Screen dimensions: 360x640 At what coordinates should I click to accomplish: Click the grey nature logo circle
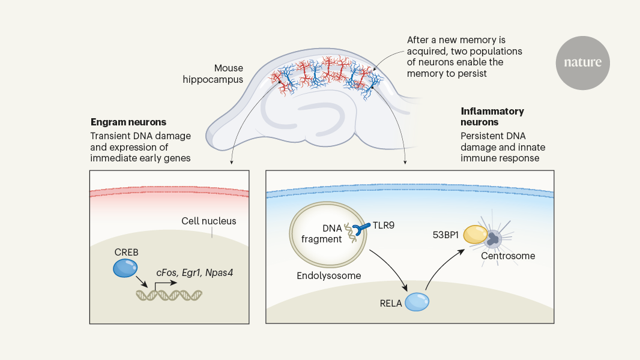pyautogui.click(x=582, y=62)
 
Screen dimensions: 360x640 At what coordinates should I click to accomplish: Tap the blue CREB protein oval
pyautogui.click(x=125, y=268)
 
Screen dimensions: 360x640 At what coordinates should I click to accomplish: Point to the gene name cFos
pyautogui.click(x=166, y=272)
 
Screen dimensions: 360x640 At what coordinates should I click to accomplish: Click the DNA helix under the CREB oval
pyautogui.click(x=169, y=295)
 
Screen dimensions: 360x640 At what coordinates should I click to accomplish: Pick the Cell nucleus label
pyautogui.click(x=209, y=221)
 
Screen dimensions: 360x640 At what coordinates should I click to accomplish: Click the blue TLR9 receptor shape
pyautogui.click(x=362, y=230)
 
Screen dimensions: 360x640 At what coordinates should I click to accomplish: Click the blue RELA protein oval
pyautogui.click(x=417, y=301)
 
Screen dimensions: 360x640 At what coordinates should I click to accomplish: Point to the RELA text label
pyautogui.click(x=391, y=302)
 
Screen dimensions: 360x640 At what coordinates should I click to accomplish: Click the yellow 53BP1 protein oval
pyautogui.click(x=475, y=235)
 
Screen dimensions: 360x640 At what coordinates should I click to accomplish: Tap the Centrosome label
pyautogui.click(x=508, y=256)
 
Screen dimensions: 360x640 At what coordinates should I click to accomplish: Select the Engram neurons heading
pyautogui.click(x=128, y=122)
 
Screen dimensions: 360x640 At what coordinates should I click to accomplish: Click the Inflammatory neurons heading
pyautogui.click(x=492, y=116)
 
